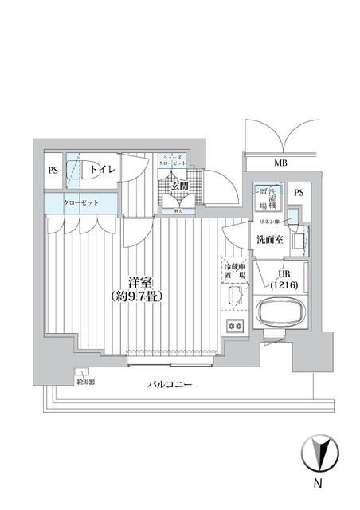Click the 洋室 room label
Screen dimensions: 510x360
point(141,281)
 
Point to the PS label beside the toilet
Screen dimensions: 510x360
point(53,170)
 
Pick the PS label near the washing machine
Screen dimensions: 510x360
point(299,193)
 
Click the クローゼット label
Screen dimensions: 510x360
point(83,202)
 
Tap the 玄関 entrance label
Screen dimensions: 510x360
point(179,186)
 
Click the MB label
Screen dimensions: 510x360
point(280,164)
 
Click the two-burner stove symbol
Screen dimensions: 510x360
point(235,325)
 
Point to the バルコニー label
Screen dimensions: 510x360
point(170,385)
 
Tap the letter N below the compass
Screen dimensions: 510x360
point(318,484)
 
